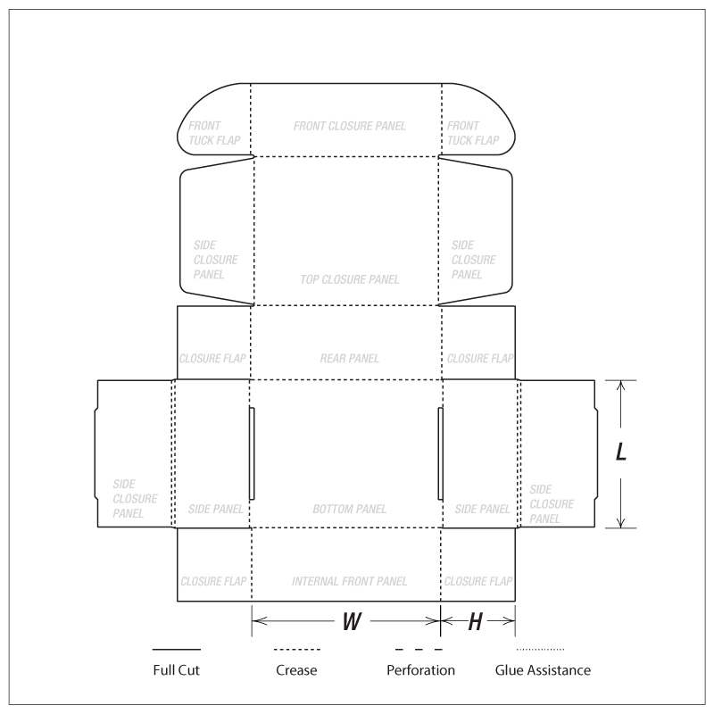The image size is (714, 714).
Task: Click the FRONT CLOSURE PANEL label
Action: pos(349,126)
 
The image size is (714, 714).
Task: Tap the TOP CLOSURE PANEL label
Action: pos(349,279)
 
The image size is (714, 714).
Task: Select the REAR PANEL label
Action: pos(349,359)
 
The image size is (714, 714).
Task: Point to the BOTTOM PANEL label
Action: pos(349,509)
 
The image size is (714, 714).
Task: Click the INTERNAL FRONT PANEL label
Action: pos(349,582)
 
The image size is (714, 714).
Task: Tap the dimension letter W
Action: pos(352,621)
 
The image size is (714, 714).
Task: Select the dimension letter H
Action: pos(475,621)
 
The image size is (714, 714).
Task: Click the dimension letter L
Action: pos(621,452)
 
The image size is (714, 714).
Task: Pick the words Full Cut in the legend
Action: pos(176,670)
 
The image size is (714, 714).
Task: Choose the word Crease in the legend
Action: pos(296,670)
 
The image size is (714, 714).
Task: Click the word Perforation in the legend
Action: pos(420,670)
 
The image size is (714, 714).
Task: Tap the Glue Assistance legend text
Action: pos(543,670)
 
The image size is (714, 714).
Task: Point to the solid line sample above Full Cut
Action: pos(176,650)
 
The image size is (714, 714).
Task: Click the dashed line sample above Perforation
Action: pos(419,650)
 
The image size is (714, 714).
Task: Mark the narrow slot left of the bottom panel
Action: pos(252,453)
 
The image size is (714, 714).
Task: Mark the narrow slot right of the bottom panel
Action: pos(440,453)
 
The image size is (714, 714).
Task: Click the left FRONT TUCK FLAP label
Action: pos(214,133)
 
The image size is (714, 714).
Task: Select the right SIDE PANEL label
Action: pos(482,509)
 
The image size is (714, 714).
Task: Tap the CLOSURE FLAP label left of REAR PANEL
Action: pos(212,359)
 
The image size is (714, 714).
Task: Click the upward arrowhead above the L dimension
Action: pos(620,386)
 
